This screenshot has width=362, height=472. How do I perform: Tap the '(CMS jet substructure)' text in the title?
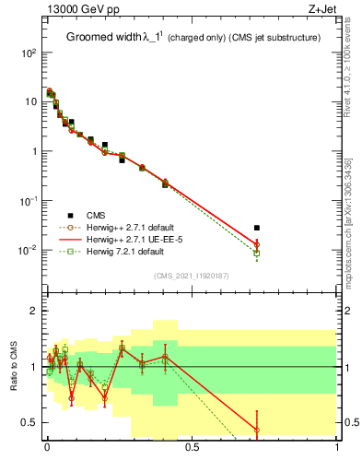click(273, 38)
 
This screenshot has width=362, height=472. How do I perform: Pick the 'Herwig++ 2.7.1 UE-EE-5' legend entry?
click(130, 239)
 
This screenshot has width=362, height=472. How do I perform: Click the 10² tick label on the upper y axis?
click(28, 53)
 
